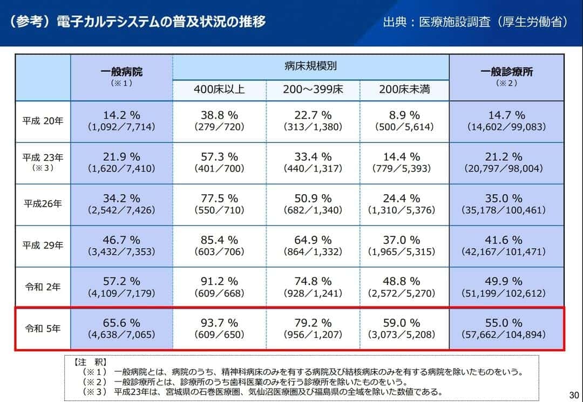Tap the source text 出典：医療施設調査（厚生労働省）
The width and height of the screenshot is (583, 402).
tap(474, 22)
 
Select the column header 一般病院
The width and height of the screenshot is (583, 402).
tap(121, 72)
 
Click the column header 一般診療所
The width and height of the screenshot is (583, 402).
tap(507, 72)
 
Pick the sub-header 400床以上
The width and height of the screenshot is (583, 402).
tap(219, 89)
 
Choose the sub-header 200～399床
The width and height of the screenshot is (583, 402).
tap(313, 89)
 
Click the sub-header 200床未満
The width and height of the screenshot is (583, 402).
tap(404, 89)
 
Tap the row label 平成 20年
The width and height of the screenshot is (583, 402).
tap(43, 121)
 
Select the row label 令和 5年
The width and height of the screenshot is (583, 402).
tap(43, 328)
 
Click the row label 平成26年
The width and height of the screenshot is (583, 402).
tap(43, 204)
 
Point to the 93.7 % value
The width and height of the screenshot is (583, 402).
tap(219, 323)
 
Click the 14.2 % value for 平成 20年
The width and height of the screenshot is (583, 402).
tap(121, 115)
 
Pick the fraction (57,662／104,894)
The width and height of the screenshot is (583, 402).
tap(507, 335)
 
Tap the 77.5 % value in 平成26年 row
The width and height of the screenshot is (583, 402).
tap(219, 198)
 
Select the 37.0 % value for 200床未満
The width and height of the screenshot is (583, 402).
tap(404, 240)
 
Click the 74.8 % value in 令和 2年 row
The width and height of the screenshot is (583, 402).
tap(313, 281)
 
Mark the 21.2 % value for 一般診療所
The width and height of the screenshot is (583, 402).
tap(507, 156)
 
